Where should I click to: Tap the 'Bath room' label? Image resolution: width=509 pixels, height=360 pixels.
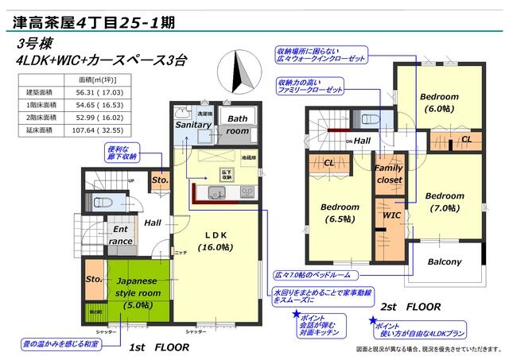tap(238, 125)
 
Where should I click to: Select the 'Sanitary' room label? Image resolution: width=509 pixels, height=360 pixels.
tap(192, 125)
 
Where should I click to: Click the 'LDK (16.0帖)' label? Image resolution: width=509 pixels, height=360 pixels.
tap(216, 241)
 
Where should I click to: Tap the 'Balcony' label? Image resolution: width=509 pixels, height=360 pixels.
tap(444, 261)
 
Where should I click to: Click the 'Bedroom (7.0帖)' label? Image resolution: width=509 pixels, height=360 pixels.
tap(443, 202)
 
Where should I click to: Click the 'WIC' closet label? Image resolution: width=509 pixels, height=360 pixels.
tap(391, 215)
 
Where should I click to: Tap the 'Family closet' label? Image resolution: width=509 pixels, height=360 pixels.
tap(389, 174)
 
